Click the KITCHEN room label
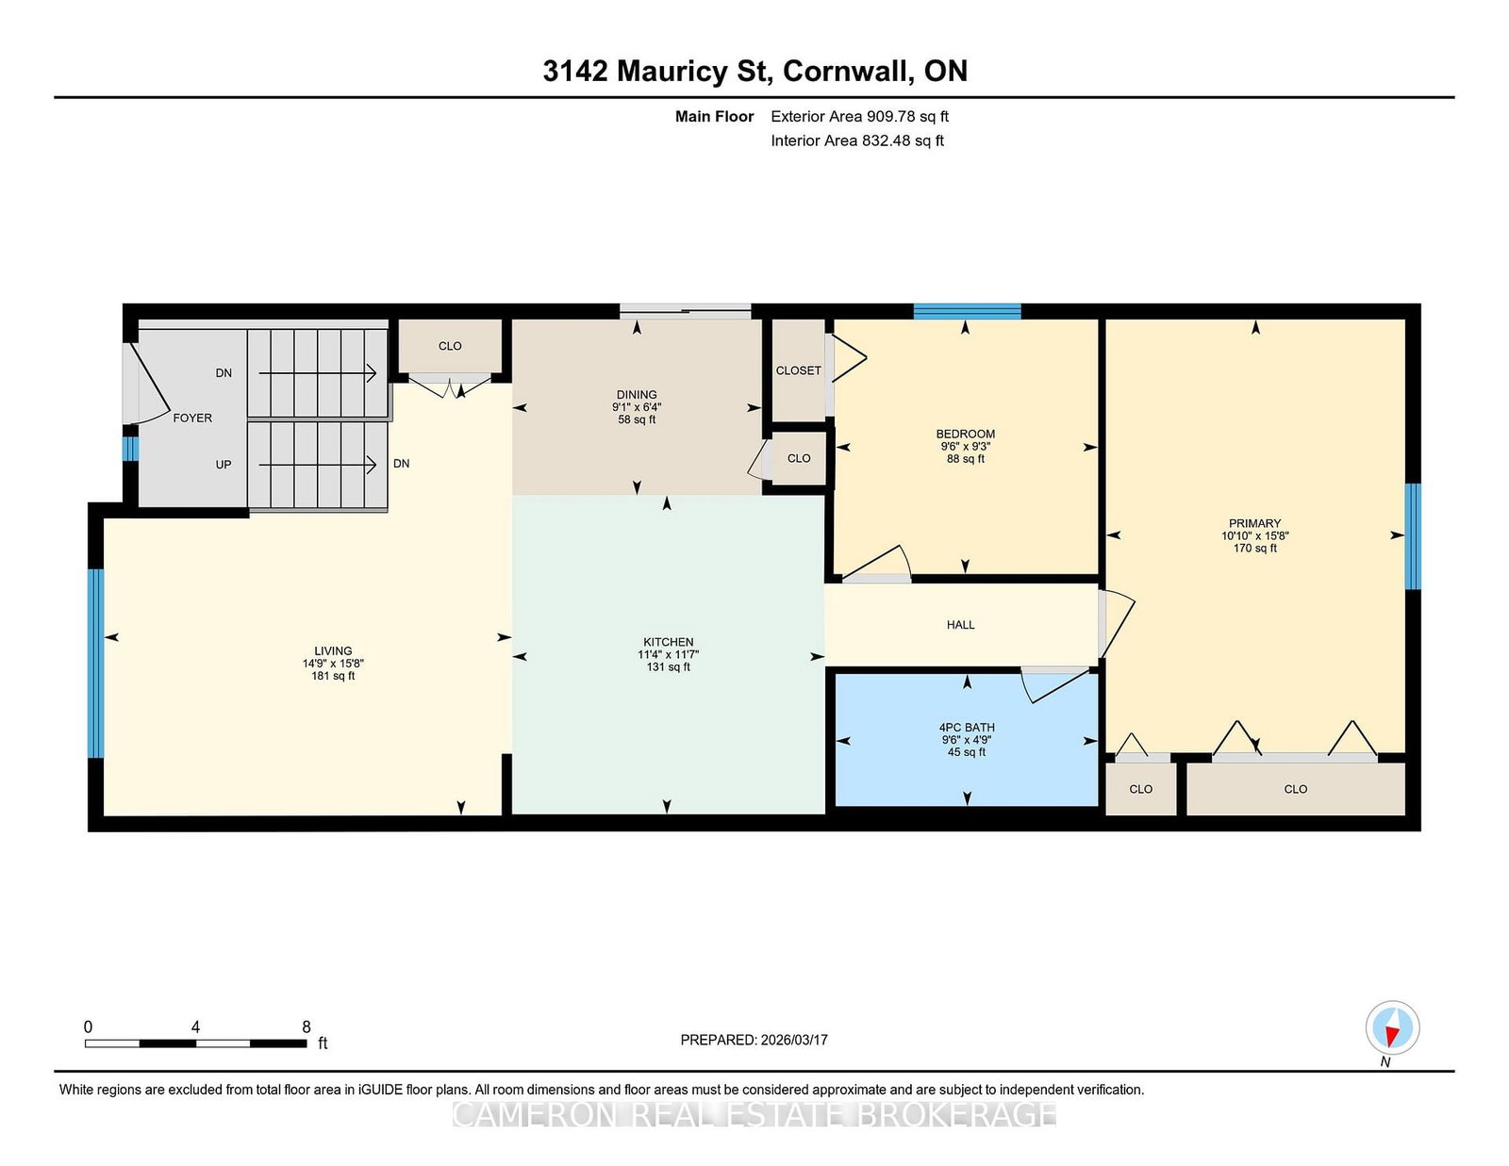click(668, 642)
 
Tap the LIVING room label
click(333, 651)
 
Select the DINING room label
click(637, 394)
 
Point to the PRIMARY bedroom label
click(1255, 523)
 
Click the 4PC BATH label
click(967, 728)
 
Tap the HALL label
click(960, 625)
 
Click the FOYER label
click(192, 418)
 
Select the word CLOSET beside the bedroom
click(799, 370)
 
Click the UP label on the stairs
click(223, 465)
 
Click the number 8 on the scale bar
click(307, 1026)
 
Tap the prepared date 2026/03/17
click(794, 1040)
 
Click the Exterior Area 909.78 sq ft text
click(860, 116)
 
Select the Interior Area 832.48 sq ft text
click(857, 140)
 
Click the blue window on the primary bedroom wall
click(1413, 536)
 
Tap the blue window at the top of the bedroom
click(967, 311)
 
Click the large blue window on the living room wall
click(96, 664)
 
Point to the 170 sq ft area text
click(1255, 549)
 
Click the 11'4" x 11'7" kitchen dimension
click(668, 654)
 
